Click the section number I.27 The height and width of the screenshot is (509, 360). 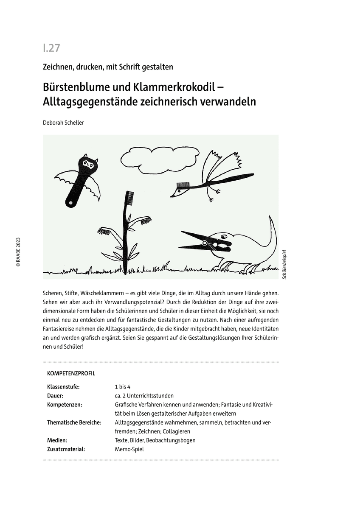(51, 48)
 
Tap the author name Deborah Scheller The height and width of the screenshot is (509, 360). (63, 122)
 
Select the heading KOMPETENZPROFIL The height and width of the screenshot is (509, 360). (71, 374)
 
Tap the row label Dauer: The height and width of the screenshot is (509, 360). (56, 395)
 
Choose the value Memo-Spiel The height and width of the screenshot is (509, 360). (129, 449)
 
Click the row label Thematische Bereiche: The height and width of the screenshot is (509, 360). (74, 422)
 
